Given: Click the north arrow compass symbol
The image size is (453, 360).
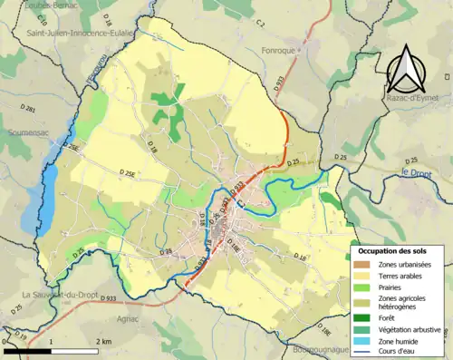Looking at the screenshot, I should [x=405, y=64].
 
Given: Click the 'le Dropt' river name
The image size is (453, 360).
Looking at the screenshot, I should [x=418, y=172].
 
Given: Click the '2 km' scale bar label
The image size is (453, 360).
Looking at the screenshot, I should [x=103, y=340].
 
